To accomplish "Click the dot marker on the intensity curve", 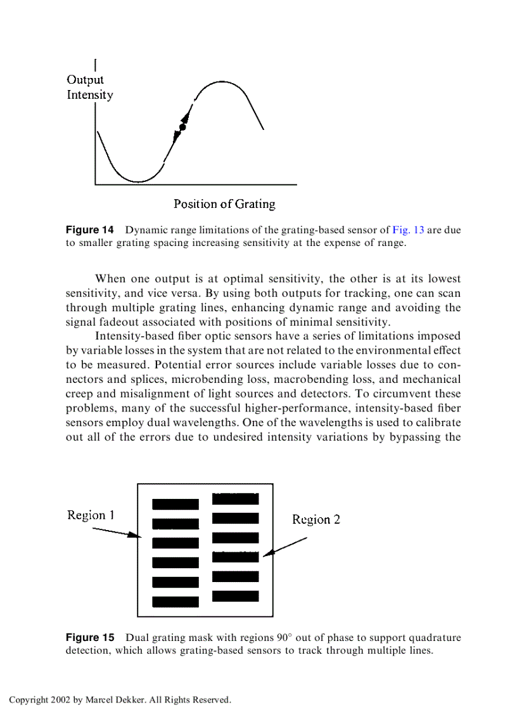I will [x=182, y=127].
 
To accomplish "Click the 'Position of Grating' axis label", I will [x=224, y=204].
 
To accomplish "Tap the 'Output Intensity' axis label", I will [x=89, y=87].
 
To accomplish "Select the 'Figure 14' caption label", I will [x=90, y=230].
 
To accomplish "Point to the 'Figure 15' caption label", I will [x=90, y=638].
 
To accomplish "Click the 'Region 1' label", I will [x=91, y=515].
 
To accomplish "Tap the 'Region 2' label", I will [x=316, y=519].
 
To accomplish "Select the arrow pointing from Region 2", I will [x=285, y=547].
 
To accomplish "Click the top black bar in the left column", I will [x=176, y=504].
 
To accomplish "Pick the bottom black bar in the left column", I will [x=176, y=602].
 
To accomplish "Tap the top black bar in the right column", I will [x=235, y=499].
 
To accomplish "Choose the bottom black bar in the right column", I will [x=235, y=596].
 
